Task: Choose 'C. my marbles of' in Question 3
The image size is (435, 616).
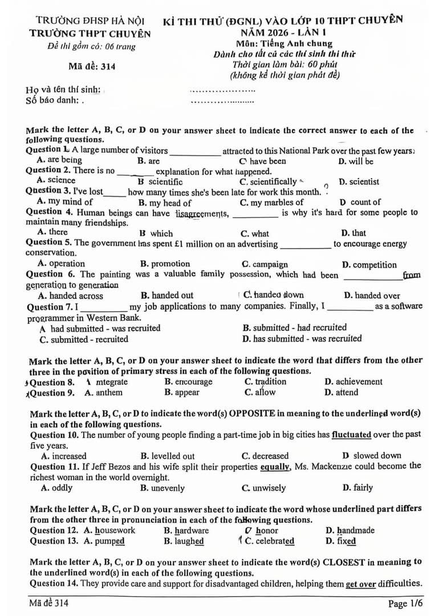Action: coord(271,202)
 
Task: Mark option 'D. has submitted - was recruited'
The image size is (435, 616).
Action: coord(302,339)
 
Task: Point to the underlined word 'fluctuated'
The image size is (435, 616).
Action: coord(351,435)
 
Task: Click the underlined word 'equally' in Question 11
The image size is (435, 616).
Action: coord(277,467)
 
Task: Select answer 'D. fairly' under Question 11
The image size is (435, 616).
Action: coord(357,488)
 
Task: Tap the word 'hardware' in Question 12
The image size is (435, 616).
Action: coord(192,530)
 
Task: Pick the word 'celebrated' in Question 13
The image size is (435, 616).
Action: coord(275,541)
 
